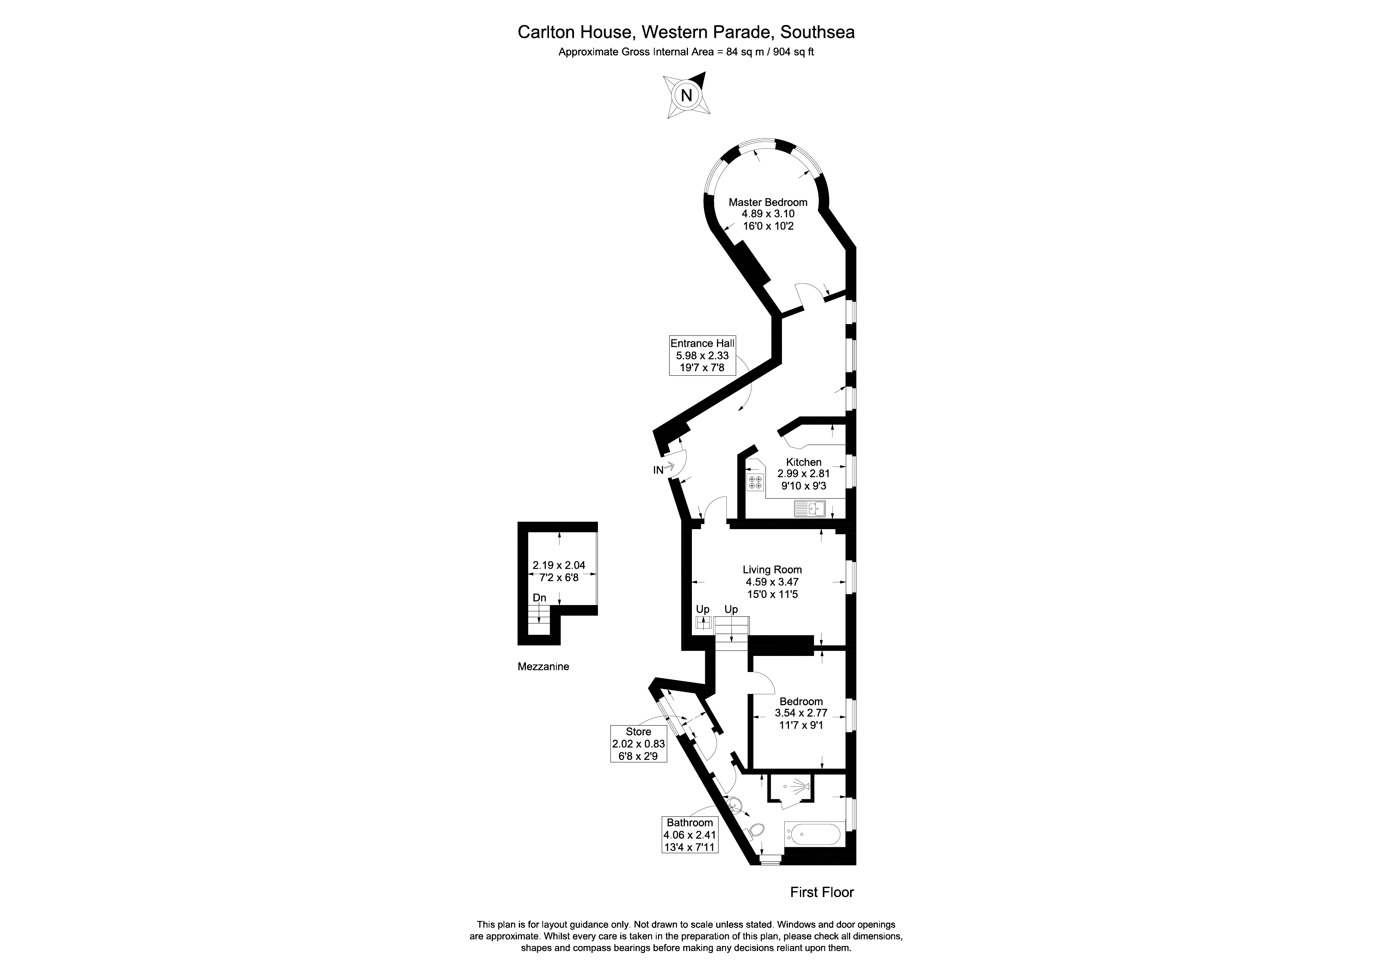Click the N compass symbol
pyautogui.click(x=686, y=95)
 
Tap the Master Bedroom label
pyautogui.click(x=768, y=202)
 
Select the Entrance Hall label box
pyautogui.click(x=702, y=355)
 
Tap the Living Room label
pyautogui.click(x=772, y=569)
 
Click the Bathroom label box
pyautogui.click(x=690, y=834)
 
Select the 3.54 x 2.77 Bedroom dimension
pyautogui.click(x=801, y=713)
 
